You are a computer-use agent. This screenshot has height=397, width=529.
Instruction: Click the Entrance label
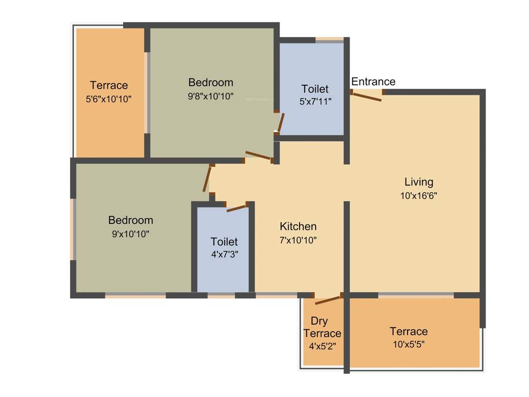click(373, 82)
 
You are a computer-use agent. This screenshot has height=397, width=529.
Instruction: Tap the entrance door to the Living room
click(367, 95)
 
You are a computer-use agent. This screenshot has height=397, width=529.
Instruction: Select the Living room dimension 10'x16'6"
click(418, 196)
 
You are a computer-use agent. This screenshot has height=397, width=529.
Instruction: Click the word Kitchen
click(298, 226)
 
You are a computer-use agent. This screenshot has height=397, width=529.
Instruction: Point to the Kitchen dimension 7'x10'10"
click(298, 240)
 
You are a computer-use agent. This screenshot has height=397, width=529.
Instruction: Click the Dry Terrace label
click(322, 327)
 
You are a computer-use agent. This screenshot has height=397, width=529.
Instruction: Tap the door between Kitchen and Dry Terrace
click(328, 299)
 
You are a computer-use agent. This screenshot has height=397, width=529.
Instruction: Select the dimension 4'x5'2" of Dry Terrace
click(322, 346)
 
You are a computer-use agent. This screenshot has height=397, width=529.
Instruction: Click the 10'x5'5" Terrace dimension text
click(408, 344)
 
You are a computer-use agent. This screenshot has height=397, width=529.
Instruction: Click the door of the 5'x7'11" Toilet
click(281, 123)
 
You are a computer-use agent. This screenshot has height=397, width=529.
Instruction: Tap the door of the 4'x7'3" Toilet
click(237, 208)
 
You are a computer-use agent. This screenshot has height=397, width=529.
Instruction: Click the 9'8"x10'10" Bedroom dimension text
click(210, 96)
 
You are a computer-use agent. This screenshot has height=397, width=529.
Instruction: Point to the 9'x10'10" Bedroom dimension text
click(130, 234)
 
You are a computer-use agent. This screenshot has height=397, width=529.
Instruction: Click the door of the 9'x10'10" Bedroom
click(208, 179)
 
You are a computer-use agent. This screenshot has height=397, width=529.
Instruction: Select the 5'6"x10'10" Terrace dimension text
click(108, 99)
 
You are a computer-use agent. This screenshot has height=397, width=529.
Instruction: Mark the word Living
click(418, 182)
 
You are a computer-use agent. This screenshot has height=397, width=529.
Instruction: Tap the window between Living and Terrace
click(416, 295)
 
